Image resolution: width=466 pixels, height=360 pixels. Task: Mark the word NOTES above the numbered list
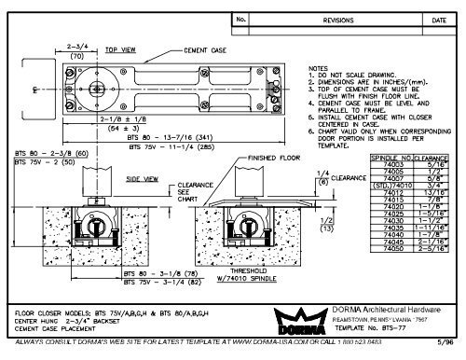pos(320,68)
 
